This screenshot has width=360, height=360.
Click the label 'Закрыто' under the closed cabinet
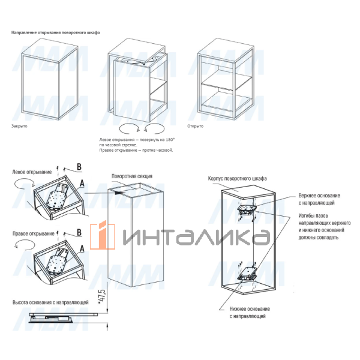coord(19,126)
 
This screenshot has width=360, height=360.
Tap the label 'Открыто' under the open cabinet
coord(195,126)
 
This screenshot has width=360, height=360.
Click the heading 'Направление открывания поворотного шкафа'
coord(56,32)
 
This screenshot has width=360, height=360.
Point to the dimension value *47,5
coord(103,297)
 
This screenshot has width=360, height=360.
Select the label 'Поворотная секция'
coord(132,176)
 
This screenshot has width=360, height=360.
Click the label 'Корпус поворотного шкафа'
coord(238,178)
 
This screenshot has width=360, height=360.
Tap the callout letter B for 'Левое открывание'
coord(79,167)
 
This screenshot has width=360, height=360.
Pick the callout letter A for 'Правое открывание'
coord(82,248)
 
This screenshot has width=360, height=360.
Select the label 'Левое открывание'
coord(32,172)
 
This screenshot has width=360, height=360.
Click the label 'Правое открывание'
coord(34,234)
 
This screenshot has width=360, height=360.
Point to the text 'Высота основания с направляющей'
coord(50,302)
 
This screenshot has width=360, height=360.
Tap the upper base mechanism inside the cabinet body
coord(247,210)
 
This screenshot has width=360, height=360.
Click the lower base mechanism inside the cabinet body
coord(247,274)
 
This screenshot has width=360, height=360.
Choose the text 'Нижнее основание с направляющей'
coord(250,313)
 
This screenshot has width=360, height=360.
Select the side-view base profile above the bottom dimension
coord(63,318)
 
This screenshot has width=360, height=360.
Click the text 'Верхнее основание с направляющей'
coord(319,199)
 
